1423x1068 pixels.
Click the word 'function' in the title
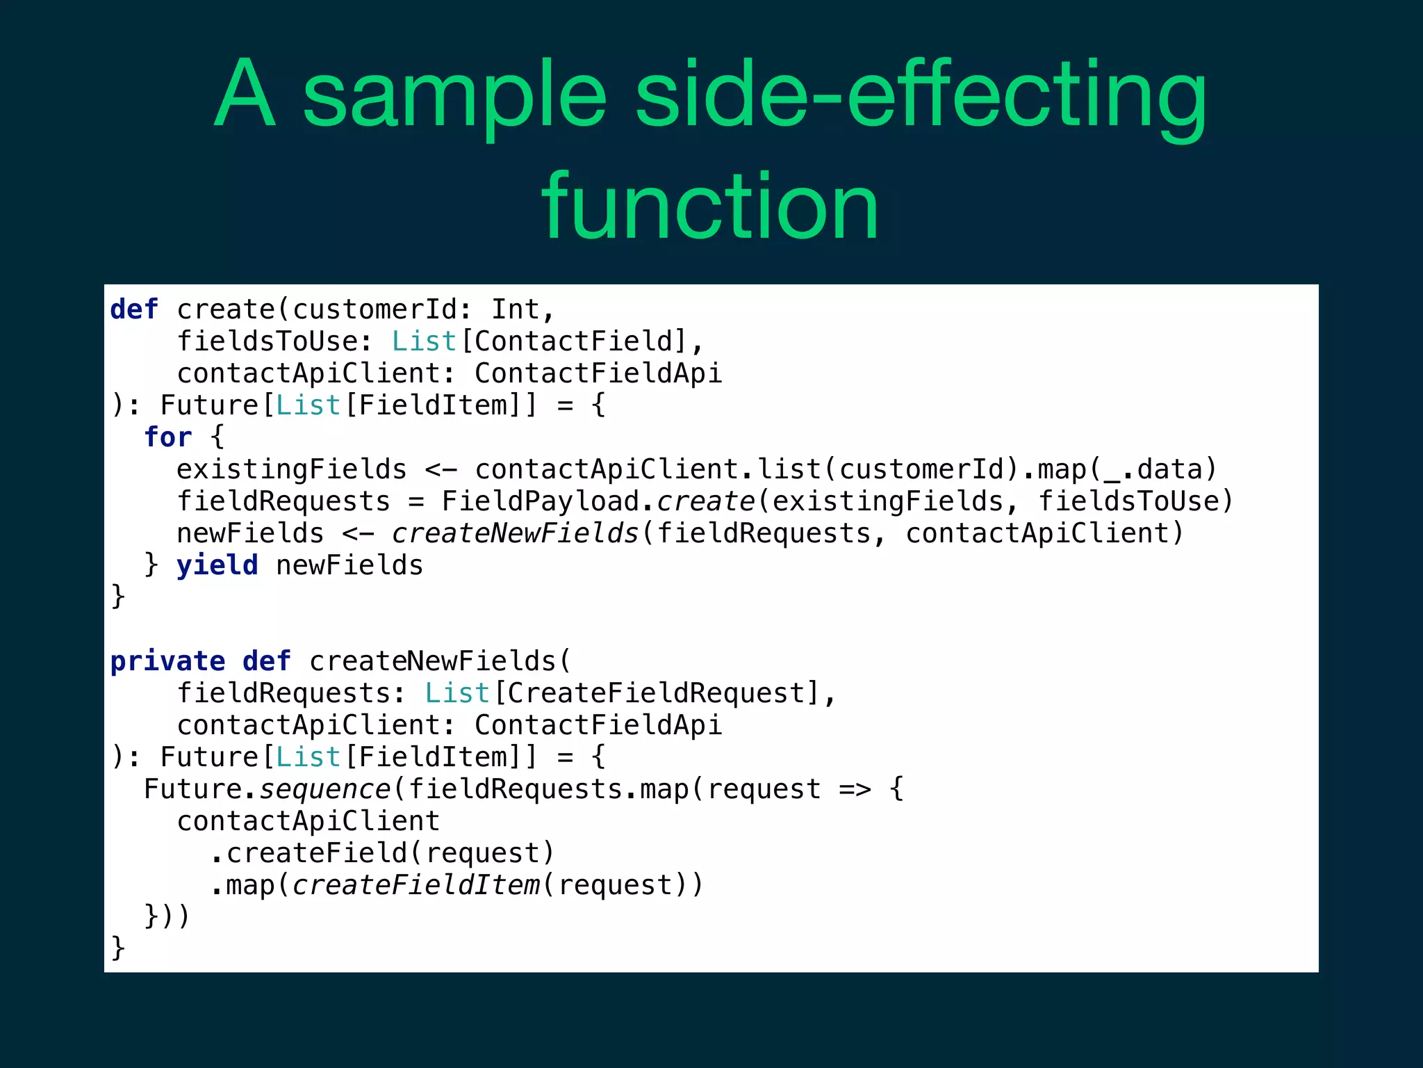click(710, 207)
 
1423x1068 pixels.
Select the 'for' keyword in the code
click(167, 437)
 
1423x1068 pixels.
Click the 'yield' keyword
click(217, 565)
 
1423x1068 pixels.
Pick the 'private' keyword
click(167, 661)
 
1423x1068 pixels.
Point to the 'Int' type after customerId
click(515, 309)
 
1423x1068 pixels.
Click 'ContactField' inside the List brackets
click(573, 341)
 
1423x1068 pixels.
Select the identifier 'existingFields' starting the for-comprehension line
click(291, 469)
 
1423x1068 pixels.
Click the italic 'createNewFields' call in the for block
click(515, 533)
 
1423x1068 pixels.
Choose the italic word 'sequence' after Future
click(324, 789)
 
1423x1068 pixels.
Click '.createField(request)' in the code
click(382, 853)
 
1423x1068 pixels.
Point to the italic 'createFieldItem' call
click(416, 885)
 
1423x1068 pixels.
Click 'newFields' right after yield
click(349, 565)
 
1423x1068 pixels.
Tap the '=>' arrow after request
click(854, 789)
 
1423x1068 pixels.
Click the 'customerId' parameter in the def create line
click(374, 309)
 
